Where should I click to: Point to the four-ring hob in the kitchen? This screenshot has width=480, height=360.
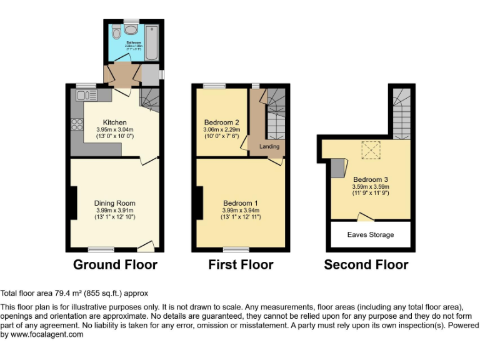click(x=77, y=124)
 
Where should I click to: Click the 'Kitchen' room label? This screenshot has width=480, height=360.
click(x=115, y=122)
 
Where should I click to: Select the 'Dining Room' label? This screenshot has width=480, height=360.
click(x=115, y=203)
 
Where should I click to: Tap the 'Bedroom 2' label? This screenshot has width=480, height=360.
click(x=222, y=122)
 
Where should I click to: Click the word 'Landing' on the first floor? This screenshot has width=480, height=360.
click(x=269, y=147)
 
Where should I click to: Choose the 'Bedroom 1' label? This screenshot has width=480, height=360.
click(x=241, y=203)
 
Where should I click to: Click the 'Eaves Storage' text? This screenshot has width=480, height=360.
click(x=371, y=235)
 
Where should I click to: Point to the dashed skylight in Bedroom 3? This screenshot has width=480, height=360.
click(x=371, y=150)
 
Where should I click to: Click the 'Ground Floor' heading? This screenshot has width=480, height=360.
click(x=115, y=264)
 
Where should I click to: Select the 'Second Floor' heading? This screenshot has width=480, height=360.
click(x=366, y=264)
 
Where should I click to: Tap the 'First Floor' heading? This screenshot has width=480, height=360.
click(x=241, y=264)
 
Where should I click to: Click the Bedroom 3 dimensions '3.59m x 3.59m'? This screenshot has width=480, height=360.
click(x=371, y=186)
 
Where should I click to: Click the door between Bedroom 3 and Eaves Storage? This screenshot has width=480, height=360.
click(x=364, y=217)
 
